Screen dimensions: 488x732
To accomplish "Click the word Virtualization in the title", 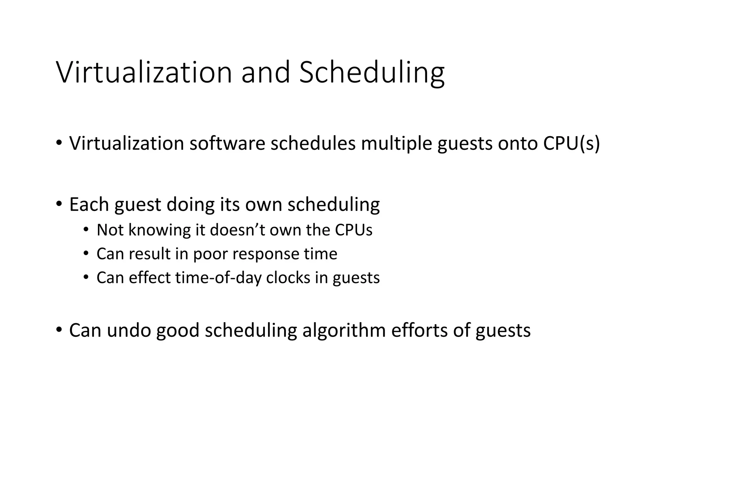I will click(144, 73).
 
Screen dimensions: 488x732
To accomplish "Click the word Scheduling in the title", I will click(372, 73).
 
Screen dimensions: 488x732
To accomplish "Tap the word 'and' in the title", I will click(266, 73).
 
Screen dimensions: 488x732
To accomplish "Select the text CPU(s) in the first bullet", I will click(571, 143).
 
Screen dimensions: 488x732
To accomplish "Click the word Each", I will click(89, 204).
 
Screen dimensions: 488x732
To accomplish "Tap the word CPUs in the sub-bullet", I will click(353, 230).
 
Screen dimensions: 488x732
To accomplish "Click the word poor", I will click(210, 254).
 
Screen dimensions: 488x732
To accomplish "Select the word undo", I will click(129, 330).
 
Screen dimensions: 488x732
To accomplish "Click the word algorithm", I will click(344, 330).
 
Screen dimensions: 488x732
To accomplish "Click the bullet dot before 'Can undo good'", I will click(59, 329).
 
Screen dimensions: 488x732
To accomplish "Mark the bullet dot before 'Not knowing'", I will click(86, 230).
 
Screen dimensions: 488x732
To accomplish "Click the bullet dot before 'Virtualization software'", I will click(59, 143).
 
